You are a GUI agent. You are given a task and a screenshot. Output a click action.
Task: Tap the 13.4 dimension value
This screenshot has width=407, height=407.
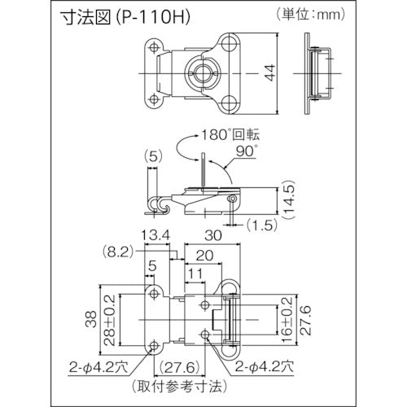[155, 236]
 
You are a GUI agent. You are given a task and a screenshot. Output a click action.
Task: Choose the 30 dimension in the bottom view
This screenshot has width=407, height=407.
[214, 236]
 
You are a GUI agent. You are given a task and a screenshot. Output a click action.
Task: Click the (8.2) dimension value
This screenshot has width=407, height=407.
[118, 253]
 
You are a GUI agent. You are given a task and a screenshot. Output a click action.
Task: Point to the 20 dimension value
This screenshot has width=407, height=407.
[205, 253]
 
